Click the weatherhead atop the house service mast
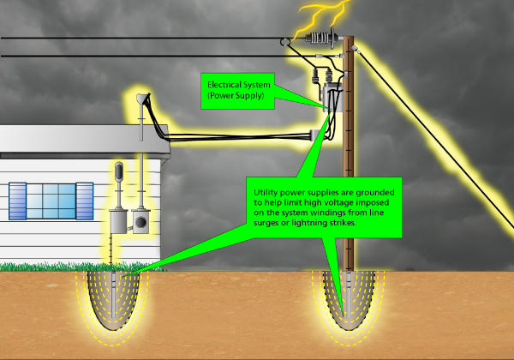[141, 101]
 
